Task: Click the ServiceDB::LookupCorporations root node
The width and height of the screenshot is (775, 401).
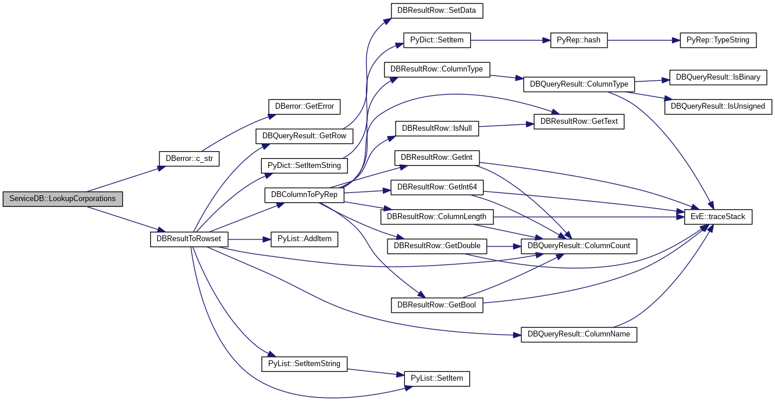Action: [63, 199]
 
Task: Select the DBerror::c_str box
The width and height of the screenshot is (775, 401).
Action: [189, 159]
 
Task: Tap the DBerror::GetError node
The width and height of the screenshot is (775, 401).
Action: [304, 106]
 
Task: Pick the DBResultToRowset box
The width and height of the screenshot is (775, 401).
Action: [189, 239]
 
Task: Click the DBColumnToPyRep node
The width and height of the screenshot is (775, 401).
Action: [304, 195]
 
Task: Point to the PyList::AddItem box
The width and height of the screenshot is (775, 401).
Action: [304, 239]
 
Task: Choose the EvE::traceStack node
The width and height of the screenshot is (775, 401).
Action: [718, 217]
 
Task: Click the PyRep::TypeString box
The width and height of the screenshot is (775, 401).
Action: [718, 40]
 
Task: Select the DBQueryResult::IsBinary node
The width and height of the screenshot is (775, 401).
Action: [718, 77]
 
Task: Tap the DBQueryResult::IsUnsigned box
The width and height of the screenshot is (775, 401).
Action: [718, 106]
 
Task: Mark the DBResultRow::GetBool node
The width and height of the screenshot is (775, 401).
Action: [437, 305]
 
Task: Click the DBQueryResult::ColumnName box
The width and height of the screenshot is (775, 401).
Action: [579, 335]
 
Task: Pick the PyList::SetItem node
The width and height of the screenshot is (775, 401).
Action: [437, 379]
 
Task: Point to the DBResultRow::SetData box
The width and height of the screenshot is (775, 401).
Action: [437, 10]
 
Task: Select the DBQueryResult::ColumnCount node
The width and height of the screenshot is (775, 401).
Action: [579, 246]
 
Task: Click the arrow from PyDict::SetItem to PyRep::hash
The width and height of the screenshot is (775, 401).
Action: [510, 41]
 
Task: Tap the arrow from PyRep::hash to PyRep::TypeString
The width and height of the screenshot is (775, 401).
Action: [644, 41]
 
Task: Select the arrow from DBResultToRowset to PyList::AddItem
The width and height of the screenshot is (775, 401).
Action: [249, 239]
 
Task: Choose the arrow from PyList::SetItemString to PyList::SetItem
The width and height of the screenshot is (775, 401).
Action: [376, 373]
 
